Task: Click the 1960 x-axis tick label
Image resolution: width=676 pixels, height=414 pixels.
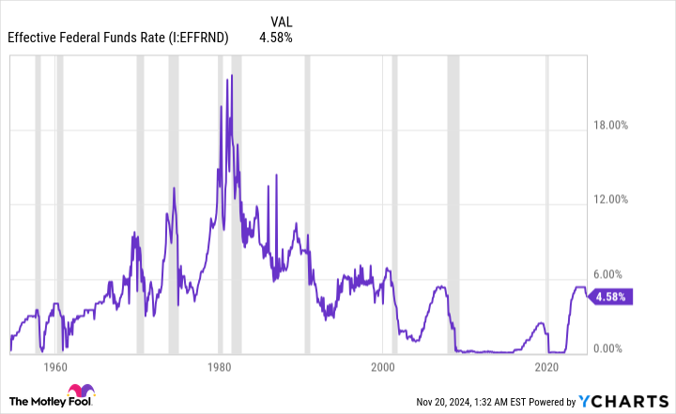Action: (54, 367)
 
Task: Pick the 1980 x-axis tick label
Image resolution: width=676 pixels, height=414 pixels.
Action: (219, 367)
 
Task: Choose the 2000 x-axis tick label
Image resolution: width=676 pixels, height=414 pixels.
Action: (383, 367)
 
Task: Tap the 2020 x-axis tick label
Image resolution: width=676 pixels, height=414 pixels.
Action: (547, 367)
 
